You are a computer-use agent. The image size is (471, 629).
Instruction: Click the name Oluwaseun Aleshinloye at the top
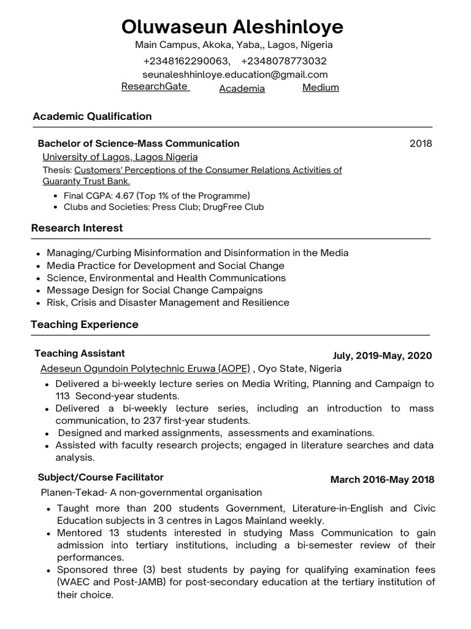point(232,26)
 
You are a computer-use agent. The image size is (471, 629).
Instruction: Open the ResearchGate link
point(154,87)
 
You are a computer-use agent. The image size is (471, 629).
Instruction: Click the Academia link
point(242,88)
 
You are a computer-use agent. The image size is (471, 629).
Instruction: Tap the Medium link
point(320,87)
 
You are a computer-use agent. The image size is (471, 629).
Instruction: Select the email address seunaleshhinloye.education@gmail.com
point(235,74)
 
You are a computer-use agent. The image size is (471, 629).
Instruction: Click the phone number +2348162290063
point(186,61)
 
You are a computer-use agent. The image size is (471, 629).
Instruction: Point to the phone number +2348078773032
point(283,61)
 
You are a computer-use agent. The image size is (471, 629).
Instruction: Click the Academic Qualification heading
point(92,116)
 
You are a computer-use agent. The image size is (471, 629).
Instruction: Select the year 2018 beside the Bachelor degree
point(421,144)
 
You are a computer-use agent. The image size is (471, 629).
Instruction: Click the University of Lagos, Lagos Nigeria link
point(120,157)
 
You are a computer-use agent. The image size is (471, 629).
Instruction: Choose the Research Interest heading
point(77,228)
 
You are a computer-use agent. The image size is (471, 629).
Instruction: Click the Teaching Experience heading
point(85,324)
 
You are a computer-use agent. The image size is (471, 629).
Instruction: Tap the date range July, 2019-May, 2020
point(381,356)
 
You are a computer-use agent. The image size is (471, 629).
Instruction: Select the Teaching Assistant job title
point(80,353)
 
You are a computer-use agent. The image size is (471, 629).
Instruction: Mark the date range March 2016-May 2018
point(382,480)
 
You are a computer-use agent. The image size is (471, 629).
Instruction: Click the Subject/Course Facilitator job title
point(101,477)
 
